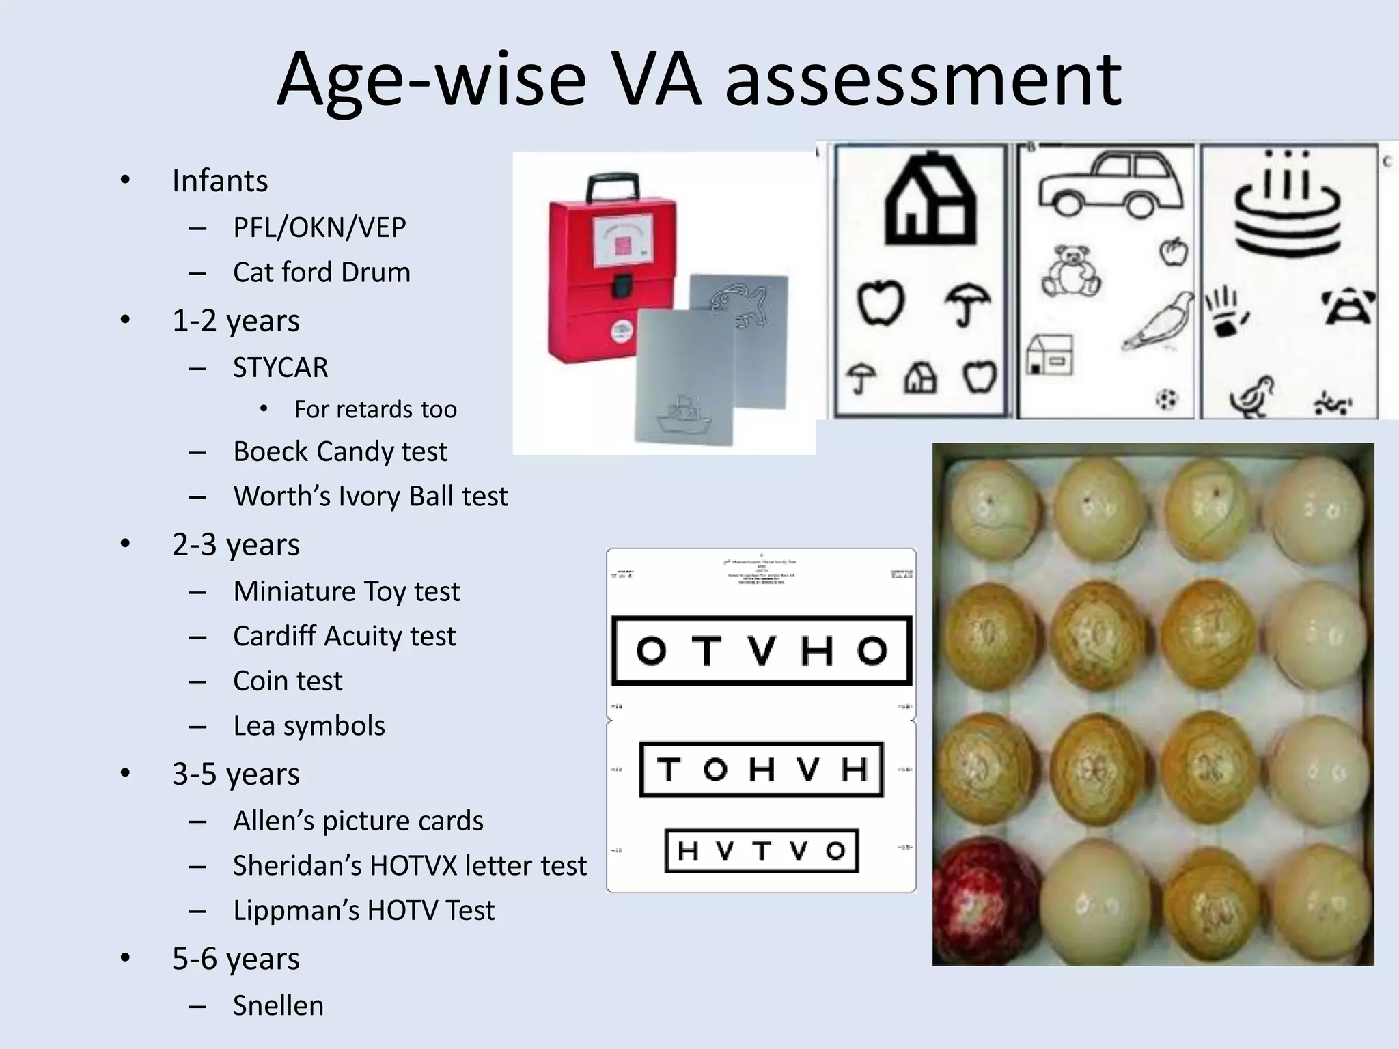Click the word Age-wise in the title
(x=431, y=81)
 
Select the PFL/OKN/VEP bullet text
(x=319, y=227)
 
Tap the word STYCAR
(x=280, y=367)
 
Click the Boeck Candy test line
(x=340, y=451)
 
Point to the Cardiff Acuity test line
(x=344, y=636)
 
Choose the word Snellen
(x=278, y=1005)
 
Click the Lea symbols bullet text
(x=309, y=725)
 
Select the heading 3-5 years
(x=236, y=774)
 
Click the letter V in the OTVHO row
(x=760, y=651)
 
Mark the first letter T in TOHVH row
(x=669, y=770)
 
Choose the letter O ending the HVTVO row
(x=835, y=851)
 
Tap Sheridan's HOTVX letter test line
(x=409, y=865)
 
